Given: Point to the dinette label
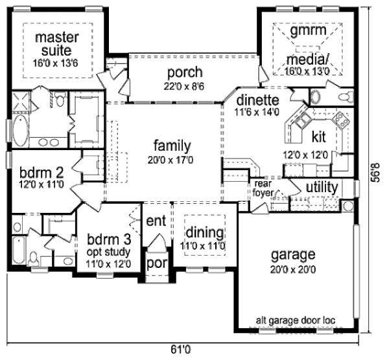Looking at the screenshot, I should tap(257, 100).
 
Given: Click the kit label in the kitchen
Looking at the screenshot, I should tap(319, 138).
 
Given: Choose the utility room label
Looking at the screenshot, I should tap(322, 188).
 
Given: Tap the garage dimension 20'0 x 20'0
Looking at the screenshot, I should tap(294, 270).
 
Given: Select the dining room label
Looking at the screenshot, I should tap(206, 233).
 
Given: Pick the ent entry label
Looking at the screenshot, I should tap(156, 221).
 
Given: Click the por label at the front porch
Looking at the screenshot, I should tap(156, 263).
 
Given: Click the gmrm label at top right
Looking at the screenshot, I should tap(307, 30).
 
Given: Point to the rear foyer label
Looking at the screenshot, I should tap(263, 186).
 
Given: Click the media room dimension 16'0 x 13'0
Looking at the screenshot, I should tap(309, 72).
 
